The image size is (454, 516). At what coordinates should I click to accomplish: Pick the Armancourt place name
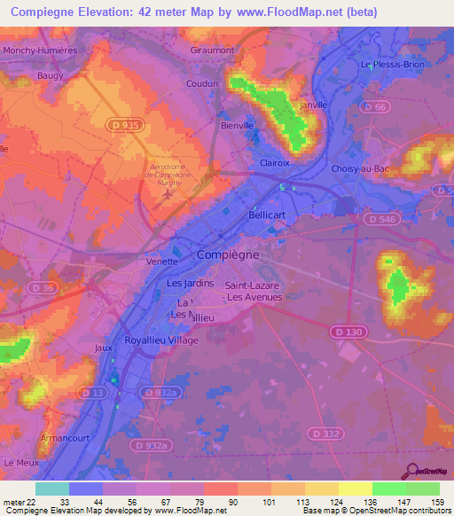click(x=64, y=438)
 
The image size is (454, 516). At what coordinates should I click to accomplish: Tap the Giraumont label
click(x=212, y=51)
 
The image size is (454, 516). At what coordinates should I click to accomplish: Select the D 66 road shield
click(x=376, y=107)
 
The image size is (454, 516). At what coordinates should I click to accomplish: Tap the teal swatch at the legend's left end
click(x=51, y=489)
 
